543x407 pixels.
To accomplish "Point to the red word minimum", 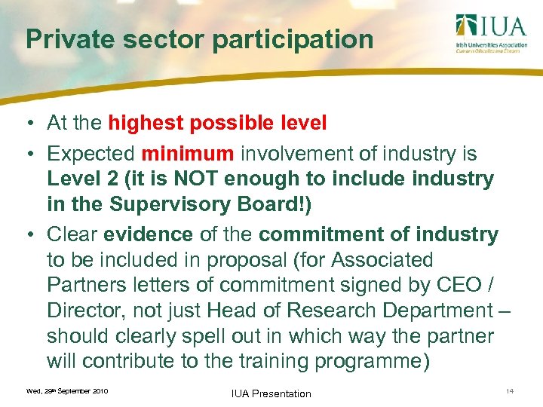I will [x=187, y=155].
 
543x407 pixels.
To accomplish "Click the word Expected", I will [x=90, y=155].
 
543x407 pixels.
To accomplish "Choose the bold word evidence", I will [x=148, y=234].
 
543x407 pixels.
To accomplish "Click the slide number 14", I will [x=510, y=390].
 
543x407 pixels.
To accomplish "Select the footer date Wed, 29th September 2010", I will [x=67, y=391].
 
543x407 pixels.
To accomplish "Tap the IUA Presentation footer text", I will [x=272, y=393].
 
